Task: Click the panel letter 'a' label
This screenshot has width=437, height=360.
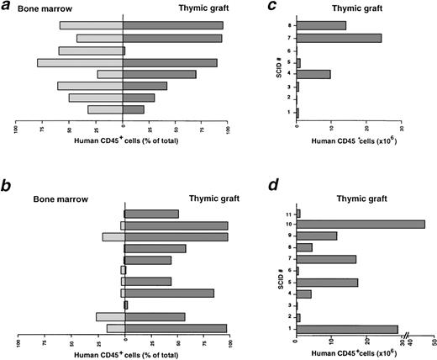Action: tap(8, 8)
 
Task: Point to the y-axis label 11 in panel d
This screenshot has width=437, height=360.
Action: tap(287, 213)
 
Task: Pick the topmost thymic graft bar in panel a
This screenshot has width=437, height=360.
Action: tap(173, 25)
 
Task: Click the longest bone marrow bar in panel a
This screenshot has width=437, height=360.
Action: tap(81, 62)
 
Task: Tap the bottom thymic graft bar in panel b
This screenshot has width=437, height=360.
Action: tap(176, 328)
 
